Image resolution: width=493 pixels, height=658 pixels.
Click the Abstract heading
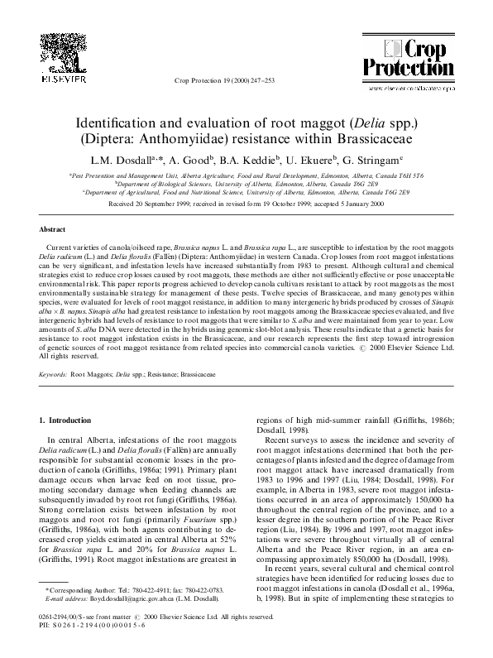[x=54, y=228]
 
